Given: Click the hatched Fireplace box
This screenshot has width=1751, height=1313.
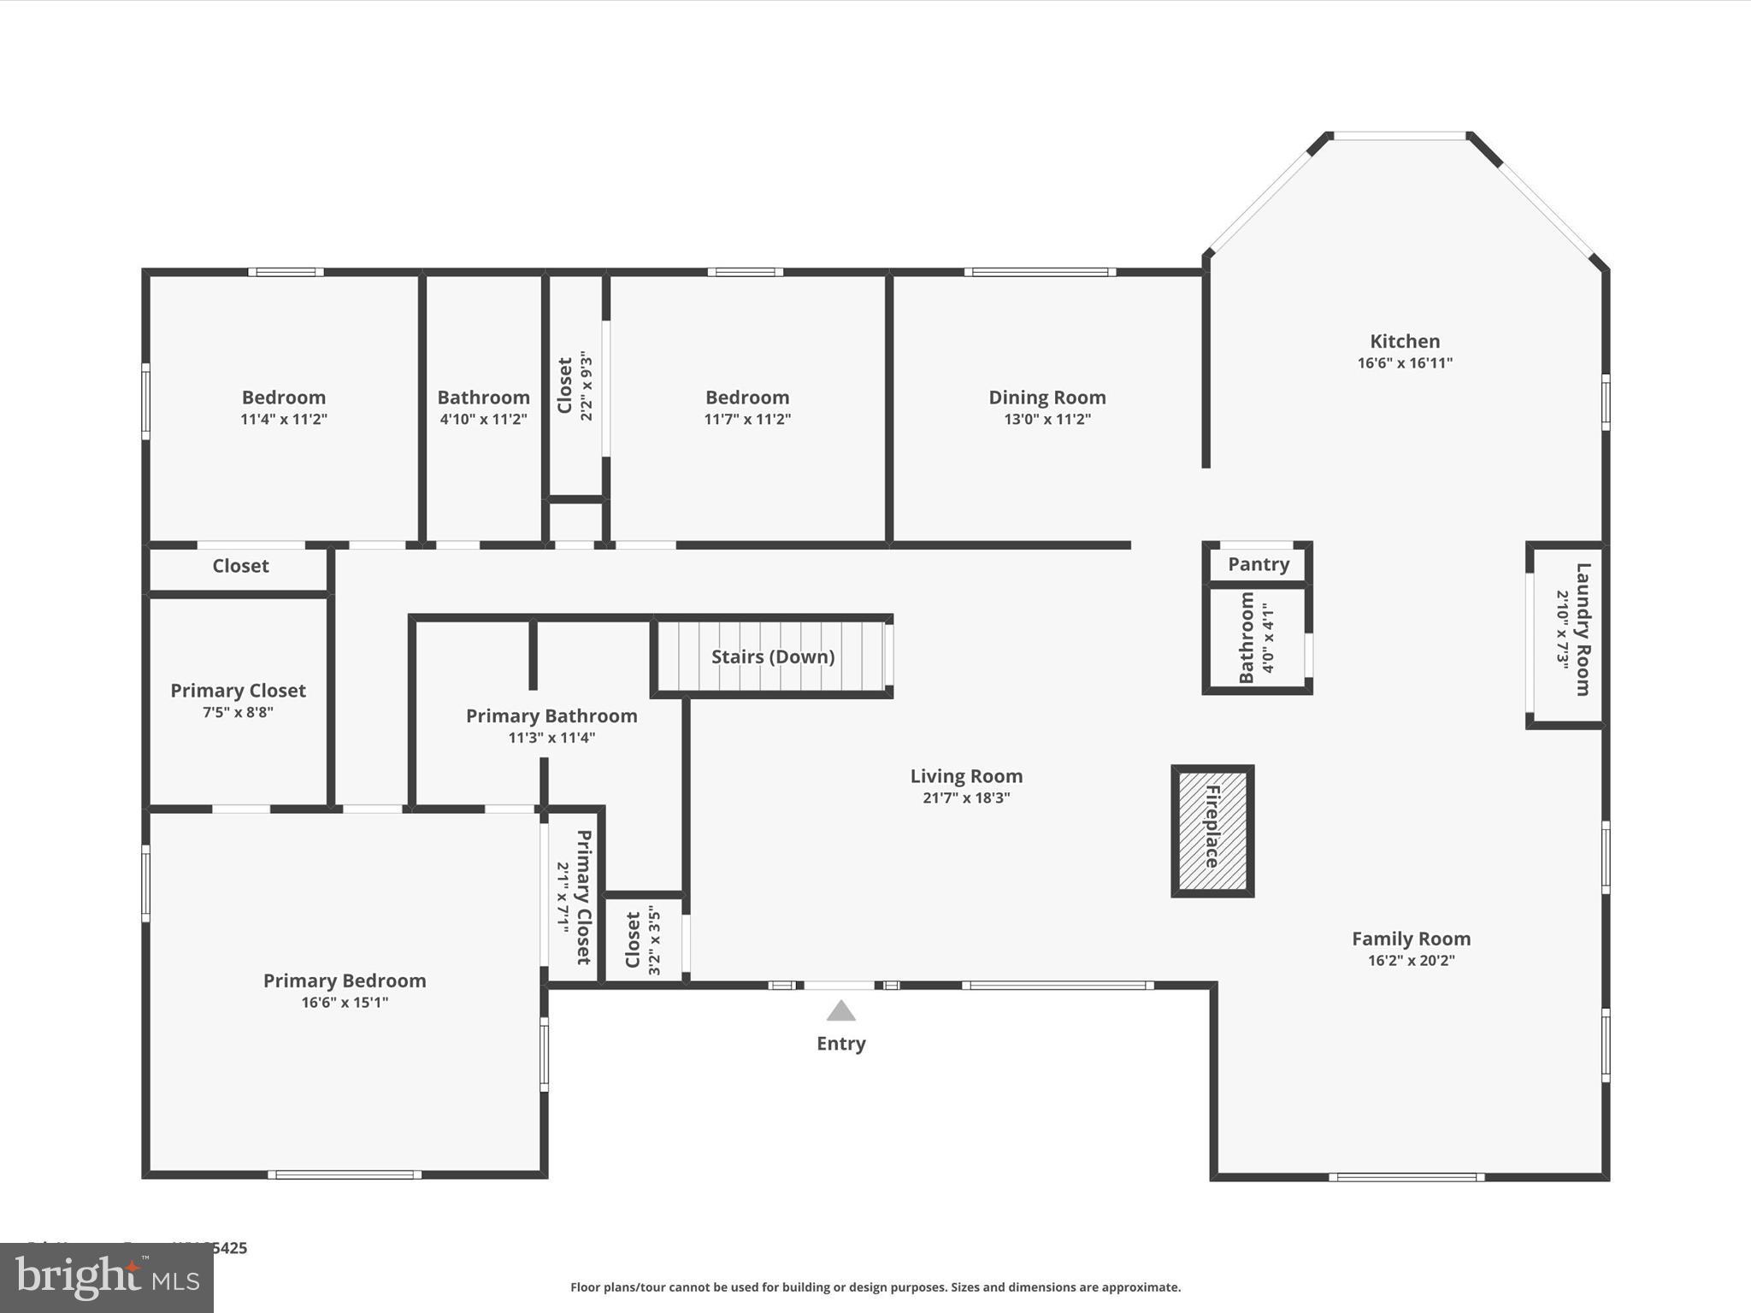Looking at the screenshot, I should coord(1212,831).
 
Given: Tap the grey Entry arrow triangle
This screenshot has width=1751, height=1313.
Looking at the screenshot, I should coord(840,1011).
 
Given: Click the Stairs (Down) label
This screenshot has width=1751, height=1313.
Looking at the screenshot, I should coord(773,656).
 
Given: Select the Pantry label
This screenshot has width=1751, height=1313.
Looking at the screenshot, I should coord(1258,564).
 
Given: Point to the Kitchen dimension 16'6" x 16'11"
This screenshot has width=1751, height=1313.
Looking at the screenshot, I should coord(1405,362).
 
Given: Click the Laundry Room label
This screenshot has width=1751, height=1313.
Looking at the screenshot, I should coord(1583,629).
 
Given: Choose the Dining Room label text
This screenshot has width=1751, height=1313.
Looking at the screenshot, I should coord(1046,397).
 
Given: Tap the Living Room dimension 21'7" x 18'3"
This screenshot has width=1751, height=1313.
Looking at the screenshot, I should coord(966,798).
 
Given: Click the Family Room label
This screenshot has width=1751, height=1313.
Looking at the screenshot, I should coord(1411,939).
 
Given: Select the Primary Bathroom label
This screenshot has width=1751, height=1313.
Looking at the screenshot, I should coord(551,716).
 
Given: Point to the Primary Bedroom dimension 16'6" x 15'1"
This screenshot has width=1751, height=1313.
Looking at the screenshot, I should coord(345,1002).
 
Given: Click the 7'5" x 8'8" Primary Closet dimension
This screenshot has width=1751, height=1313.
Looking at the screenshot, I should coord(238,712).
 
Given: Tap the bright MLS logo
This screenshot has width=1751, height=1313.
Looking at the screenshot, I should coord(107,1278).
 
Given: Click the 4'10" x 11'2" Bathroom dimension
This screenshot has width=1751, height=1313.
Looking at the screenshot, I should coord(483,419).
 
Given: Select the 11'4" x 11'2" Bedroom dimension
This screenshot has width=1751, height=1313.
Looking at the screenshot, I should coord(284,419).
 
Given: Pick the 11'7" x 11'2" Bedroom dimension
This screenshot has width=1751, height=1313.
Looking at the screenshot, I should coord(747,419).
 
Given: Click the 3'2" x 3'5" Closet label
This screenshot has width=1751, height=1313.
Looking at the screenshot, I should coord(634,940).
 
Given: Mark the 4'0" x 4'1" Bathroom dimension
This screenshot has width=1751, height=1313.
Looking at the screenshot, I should coord(1268,638).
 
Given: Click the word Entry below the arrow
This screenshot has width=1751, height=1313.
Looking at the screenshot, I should coord(840,1044).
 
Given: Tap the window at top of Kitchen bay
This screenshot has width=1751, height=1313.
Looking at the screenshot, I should coord(1400,136).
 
